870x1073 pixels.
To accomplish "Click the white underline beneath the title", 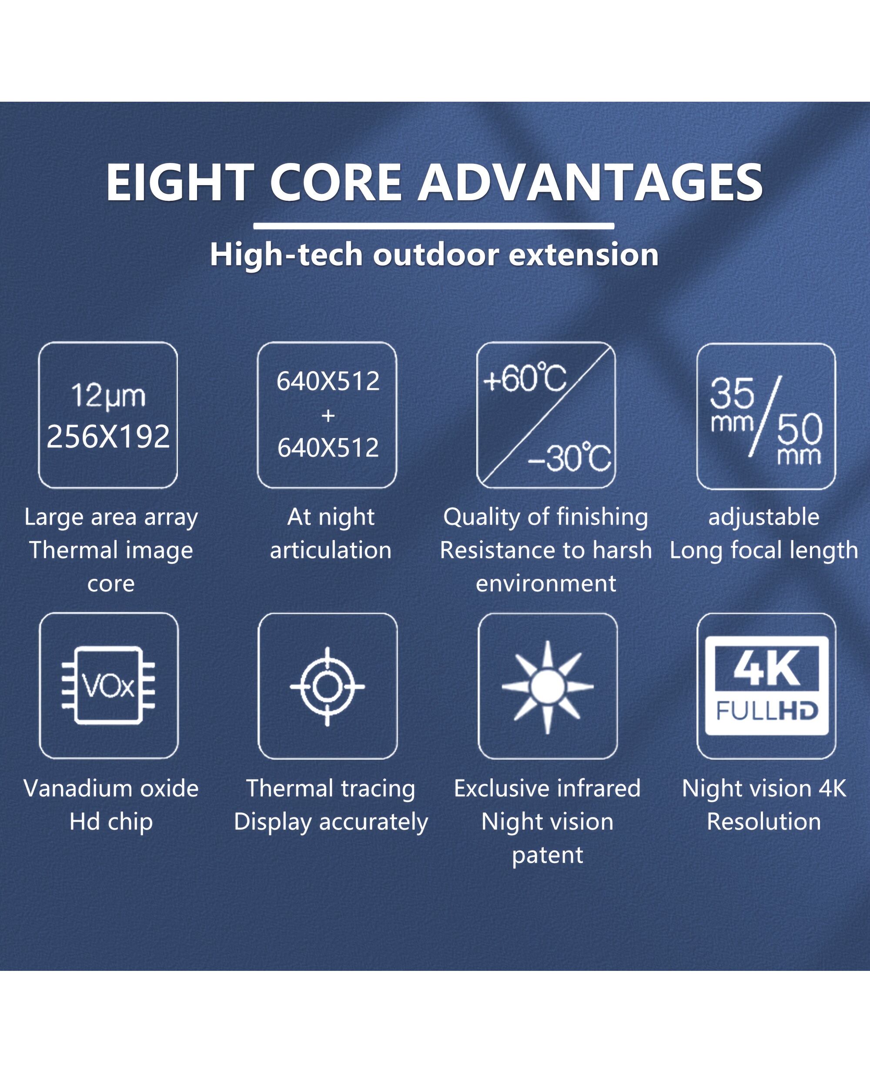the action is [434, 226].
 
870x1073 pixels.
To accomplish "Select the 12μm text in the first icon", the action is [108, 396].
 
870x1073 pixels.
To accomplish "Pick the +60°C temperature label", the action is [525, 379].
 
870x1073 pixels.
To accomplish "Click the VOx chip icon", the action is [108, 685].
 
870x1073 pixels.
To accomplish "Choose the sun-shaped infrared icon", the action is [548, 687].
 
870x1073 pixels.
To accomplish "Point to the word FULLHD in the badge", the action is [767, 711].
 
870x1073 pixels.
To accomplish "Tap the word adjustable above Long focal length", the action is [764, 517].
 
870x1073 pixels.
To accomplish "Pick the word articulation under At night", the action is [331, 550].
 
